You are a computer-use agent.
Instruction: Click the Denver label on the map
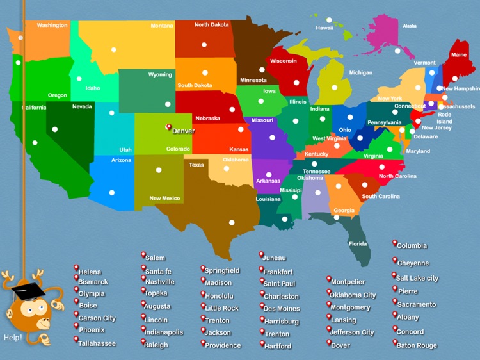click(183, 131)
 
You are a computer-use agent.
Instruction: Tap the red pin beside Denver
click(168, 127)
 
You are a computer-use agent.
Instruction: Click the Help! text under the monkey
click(13, 338)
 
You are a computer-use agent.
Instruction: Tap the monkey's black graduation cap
click(29, 292)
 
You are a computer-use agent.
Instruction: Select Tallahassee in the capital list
click(97, 343)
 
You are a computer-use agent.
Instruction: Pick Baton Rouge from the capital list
click(417, 345)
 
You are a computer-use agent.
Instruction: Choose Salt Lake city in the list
click(417, 278)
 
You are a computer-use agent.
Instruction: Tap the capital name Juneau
click(275, 258)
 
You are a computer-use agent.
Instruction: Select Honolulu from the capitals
click(220, 296)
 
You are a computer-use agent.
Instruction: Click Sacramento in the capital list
click(416, 304)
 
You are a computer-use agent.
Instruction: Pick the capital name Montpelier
click(348, 282)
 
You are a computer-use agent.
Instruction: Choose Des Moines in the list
click(282, 308)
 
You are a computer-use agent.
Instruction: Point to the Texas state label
click(196, 165)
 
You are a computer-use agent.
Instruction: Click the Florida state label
click(358, 244)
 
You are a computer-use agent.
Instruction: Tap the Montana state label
click(162, 26)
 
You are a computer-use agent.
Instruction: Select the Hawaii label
click(324, 28)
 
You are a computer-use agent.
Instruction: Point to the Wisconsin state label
click(284, 61)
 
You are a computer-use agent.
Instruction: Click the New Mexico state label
click(164, 199)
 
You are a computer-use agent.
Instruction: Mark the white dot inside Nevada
click(54, 129)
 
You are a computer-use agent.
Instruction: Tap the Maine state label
click(459, 55)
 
